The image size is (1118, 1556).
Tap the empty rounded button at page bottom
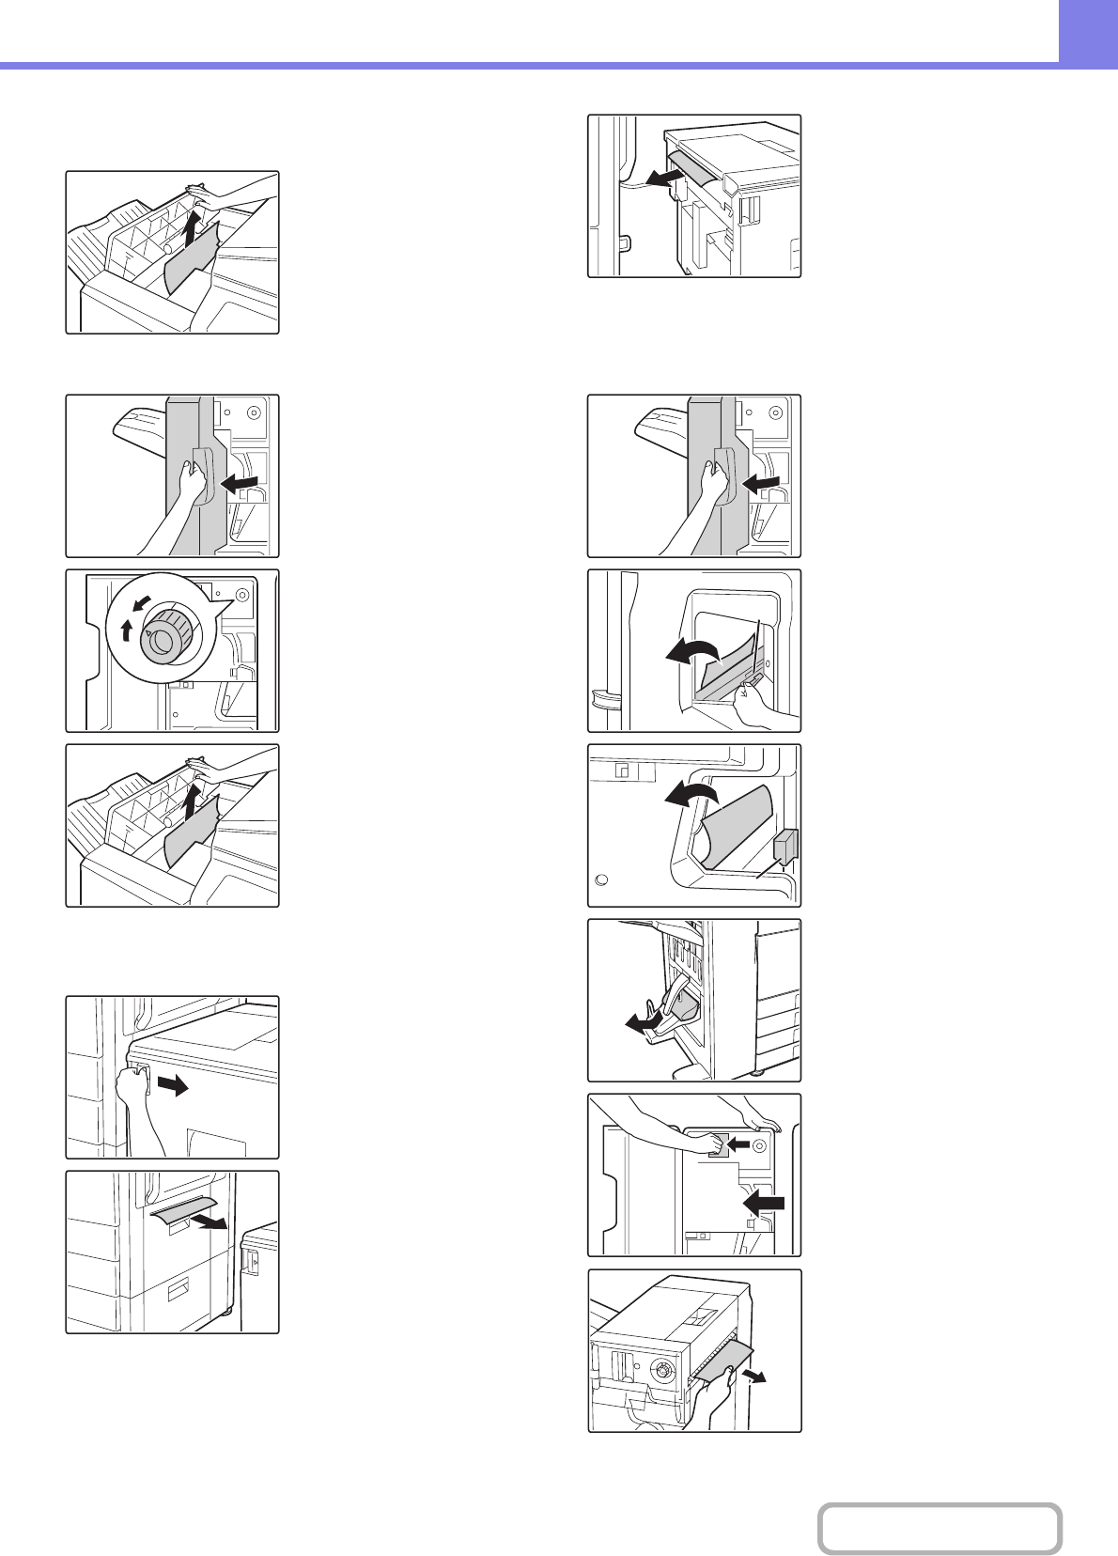(939, 1528)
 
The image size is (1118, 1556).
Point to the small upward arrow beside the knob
(128, 630)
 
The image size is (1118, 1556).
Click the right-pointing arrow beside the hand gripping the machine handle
(172, 1086)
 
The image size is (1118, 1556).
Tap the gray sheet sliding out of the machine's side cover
(184, 1214)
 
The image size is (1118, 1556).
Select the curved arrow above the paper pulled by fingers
(690, 651)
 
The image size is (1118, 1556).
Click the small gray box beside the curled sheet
(785, 846)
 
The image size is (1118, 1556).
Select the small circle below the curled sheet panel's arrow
(603, 880)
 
